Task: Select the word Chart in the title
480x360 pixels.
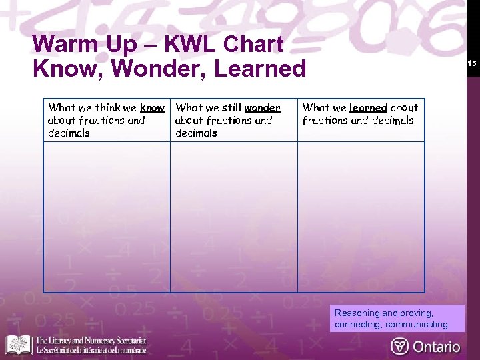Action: point(253,45)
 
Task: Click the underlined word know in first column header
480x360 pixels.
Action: point(152,107)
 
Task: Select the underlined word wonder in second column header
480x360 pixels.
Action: point(262,107)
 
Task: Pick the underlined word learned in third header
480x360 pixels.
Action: point(368,107)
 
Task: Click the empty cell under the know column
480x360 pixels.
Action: point(107,217)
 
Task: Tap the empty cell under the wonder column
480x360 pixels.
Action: point(233,217)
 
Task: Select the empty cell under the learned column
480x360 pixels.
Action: point(361,217)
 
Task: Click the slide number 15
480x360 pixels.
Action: point(472,63)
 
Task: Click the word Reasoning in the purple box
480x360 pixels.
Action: point(356,313)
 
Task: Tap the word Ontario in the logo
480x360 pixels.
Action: point(437,346)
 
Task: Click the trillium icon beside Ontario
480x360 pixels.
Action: point(400,346)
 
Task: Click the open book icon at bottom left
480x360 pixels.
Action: point(19,345)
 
